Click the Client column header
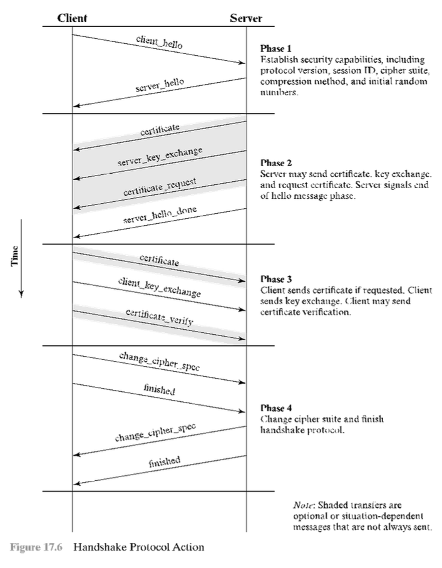[x=72, y=18]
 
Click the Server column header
[x=245, y=18]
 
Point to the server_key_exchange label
[x=160, y=157]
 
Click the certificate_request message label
[x=160, y=187]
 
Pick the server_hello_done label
[x=160, y=216]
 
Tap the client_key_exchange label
[x=160, y=288]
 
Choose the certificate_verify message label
[x=160, y=316]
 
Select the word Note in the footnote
[x=303, y=505]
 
